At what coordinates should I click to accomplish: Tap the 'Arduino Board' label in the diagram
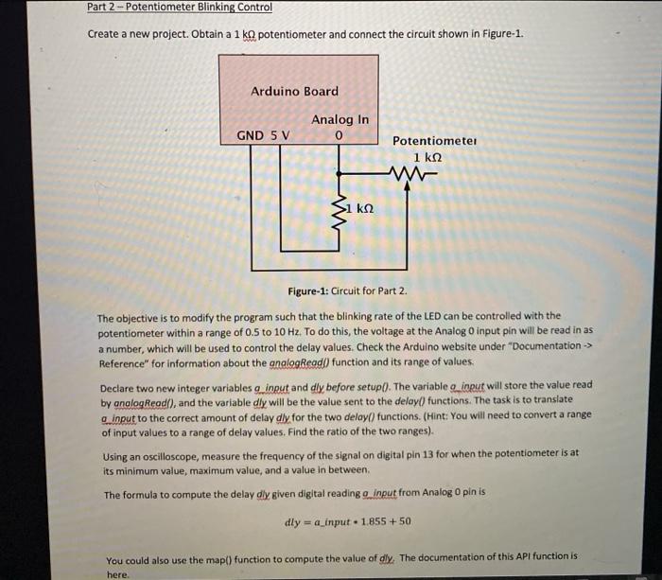(x=294, y=91)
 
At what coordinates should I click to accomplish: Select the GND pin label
(x=250, y=135)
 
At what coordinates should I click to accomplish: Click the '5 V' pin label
(x=281, y=135)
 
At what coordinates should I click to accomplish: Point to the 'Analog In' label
(x=340, y=119)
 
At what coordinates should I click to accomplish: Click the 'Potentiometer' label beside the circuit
(x=435, y=141)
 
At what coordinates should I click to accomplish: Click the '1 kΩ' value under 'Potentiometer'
(x=429, y=157)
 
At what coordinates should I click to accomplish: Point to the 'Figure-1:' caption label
(x=311, y=290)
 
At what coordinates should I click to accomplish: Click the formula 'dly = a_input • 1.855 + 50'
(x=348, y=521)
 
